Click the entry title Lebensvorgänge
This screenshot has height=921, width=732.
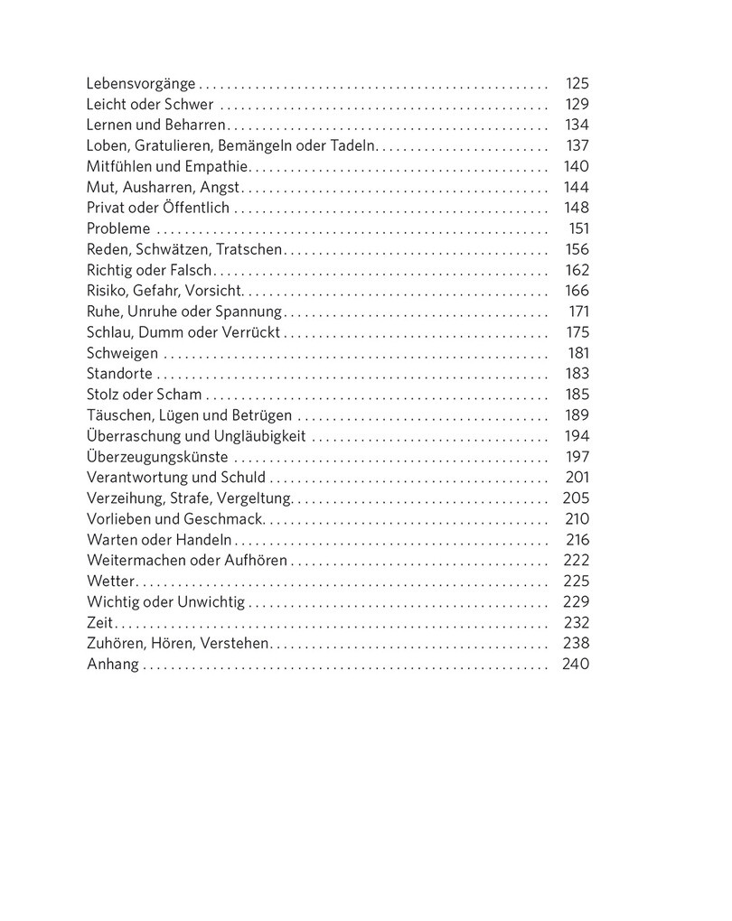140,84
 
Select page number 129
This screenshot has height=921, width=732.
576,105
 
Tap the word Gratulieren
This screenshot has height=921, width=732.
172,146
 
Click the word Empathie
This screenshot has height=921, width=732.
217,166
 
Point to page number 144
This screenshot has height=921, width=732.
576,187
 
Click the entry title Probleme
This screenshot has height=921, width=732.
118,228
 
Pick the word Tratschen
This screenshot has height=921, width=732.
250,249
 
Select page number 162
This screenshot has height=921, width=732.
576,270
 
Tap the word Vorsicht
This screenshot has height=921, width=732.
214,291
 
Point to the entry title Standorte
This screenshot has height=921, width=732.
120,374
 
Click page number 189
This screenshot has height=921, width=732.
576,415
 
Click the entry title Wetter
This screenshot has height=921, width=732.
110,581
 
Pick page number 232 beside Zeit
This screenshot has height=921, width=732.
576,622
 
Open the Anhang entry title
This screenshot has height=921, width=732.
113,665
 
